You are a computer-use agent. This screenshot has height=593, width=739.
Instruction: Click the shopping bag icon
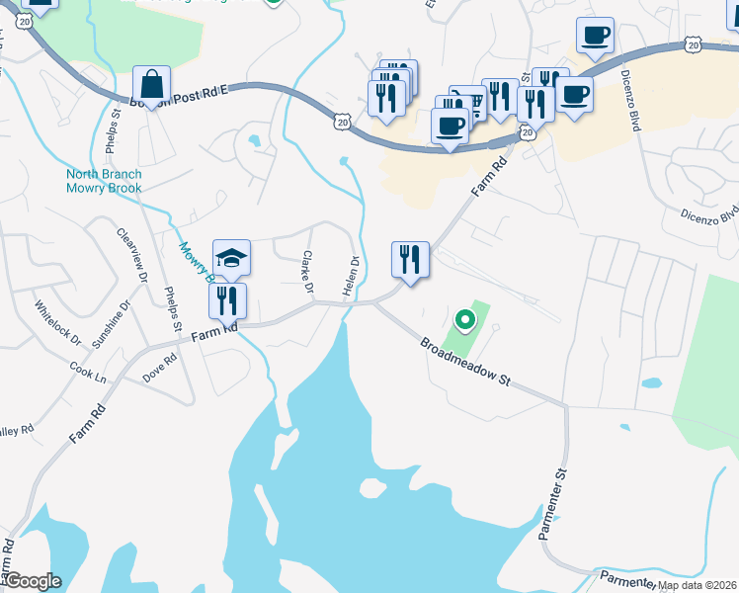pyautogui.click(x=151, y=84)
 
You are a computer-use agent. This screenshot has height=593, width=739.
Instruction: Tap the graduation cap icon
pyautogui.click(x=231, y=259)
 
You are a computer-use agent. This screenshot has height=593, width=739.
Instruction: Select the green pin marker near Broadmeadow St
pyautogui.click(x=464, y=319)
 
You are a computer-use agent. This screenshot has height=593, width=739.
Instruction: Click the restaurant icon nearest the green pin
pyautogui.click(x=410, y=260)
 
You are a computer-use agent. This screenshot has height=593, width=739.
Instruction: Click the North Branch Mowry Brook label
pyautogui.click(x=104, y=181)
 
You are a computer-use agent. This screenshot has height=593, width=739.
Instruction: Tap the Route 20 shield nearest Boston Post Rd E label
pyautogui.click(x=341, y=121)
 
